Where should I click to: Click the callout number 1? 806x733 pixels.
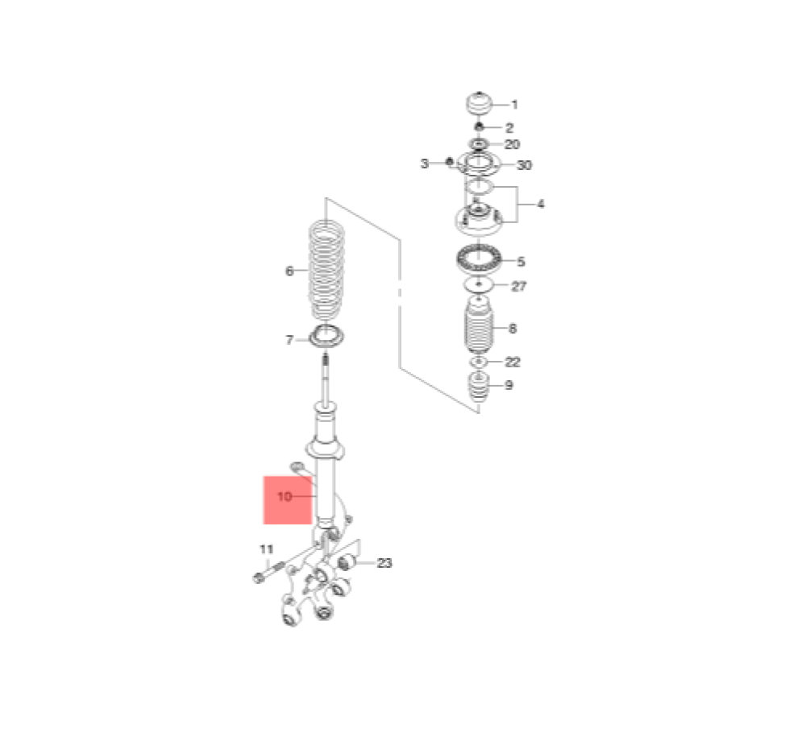coord(514,105)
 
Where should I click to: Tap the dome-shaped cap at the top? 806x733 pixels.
coord(479,105)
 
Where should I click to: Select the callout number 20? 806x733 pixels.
coord(512,144)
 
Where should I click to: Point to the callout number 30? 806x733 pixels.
coord(524,165)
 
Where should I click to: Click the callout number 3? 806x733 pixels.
coord(424,164)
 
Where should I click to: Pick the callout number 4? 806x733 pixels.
coord(540,204)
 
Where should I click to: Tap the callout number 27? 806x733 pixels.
coord(518,286)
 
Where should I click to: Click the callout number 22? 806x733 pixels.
coord(513,362)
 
